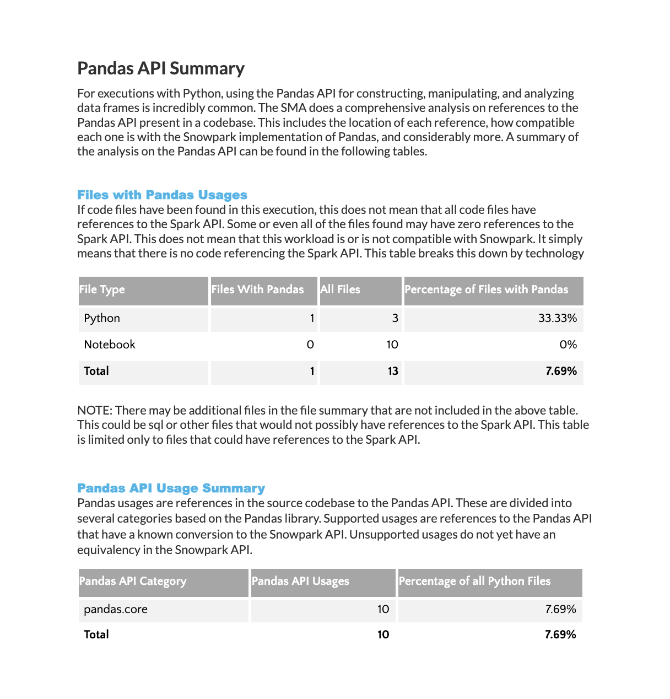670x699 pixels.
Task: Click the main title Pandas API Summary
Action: [161, 68]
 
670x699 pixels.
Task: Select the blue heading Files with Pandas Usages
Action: [162, 195]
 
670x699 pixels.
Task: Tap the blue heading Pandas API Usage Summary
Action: [171, 488]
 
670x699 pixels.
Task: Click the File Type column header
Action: [102, 290]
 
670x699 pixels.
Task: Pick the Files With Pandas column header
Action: [257, 290]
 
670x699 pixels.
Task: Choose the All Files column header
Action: [341, 290]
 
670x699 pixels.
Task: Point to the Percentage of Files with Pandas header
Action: [486, 290]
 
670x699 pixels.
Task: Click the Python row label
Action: [102, 319]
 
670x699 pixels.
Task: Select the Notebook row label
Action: [109, 345]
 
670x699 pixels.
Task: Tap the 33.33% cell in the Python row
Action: [557, 319]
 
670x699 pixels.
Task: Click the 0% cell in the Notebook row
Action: [568, 345]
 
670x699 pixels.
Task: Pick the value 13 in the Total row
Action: [392, 372]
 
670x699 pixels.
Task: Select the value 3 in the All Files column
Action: [395, 319]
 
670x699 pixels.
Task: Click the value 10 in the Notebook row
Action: [392, 345]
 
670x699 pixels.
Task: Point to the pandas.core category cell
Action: [116, 610]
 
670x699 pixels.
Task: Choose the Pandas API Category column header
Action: [133, 582]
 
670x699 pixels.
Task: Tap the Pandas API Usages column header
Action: [300, 582]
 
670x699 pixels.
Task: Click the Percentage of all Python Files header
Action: [474, 582]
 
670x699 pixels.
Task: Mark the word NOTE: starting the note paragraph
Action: [94, 411]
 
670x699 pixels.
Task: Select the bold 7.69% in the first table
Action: [561, 372]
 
